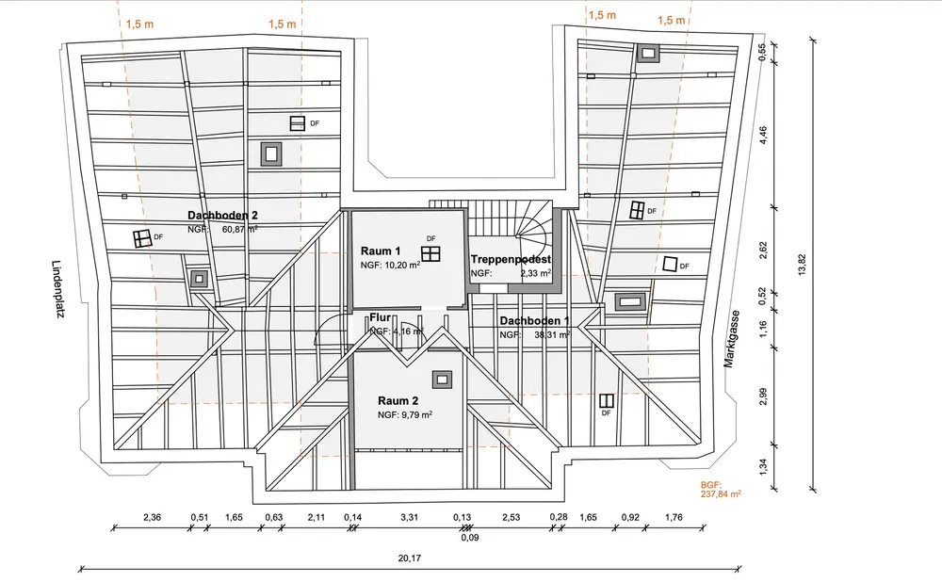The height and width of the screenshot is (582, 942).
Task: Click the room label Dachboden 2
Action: pos(223,215)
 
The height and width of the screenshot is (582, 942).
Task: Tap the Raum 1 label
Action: pos(381,251)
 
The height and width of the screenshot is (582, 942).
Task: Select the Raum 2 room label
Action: pos(398,400)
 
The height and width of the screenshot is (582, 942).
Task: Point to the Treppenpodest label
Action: pos(511,260)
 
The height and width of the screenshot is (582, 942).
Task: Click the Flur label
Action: pos(381,317)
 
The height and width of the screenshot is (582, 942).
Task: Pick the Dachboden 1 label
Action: pos(535,321)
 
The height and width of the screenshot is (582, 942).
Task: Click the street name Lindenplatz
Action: pos(57,289)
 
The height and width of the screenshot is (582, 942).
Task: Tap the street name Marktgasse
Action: pos(731,339)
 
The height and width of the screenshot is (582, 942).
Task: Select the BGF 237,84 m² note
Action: pos(721,490)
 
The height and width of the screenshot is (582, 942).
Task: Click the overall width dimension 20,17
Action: pos(409,558)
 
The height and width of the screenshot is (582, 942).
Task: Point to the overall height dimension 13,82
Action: pos(802,265)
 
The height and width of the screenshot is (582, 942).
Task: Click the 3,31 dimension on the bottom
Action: pos(409,517)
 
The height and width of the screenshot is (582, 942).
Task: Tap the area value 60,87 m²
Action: pos(240,229)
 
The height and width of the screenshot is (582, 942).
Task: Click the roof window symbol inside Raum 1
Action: pos(430,253)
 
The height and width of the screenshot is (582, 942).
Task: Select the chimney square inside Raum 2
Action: pos(442,379)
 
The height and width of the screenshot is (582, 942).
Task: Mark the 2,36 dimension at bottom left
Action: pos(153,517)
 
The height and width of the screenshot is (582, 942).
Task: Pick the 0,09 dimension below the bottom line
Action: pos(470,538)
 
